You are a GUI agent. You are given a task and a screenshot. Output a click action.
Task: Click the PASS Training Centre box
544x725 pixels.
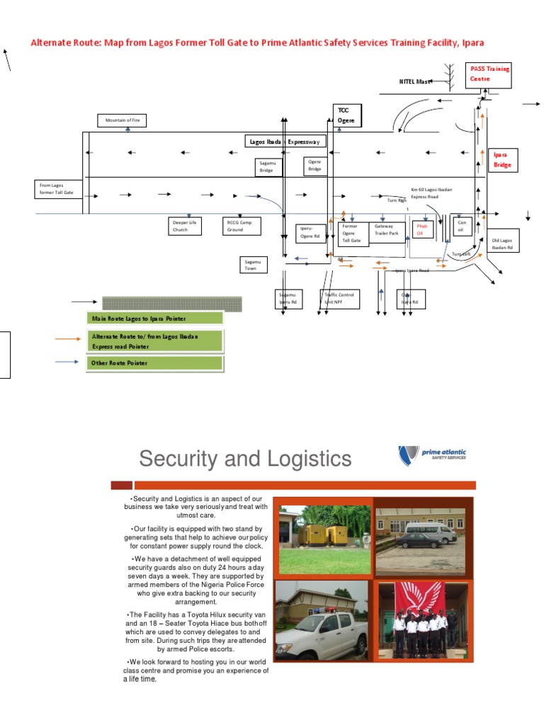(x=489, y=75)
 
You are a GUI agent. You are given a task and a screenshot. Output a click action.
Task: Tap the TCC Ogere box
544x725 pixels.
(x=347, y=115)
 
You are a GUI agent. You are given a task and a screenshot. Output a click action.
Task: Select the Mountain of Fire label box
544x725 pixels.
(x=123, y=120)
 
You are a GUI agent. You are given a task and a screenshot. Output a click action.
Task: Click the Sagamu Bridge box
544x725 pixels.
(x=268, y=166)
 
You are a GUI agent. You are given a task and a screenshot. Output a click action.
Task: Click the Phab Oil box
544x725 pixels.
(x=424, y=229)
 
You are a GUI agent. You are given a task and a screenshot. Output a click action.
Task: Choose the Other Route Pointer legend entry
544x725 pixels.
(x=154, y=363)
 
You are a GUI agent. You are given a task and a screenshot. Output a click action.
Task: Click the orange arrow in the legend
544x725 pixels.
(x=68, y=339)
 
